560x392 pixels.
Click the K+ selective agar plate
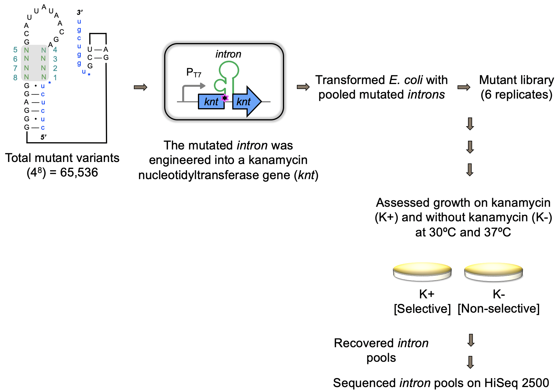point(422,272)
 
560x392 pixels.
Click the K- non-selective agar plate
point(494,272)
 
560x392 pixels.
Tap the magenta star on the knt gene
point(225,98)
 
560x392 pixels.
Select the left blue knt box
point(211,102)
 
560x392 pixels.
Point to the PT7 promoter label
point(194,72)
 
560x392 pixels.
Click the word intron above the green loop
point(228,54)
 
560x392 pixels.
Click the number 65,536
point(79,172)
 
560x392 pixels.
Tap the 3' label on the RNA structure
point(80,12)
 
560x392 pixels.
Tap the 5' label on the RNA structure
point(43,137)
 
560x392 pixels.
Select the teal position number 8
point(15,78)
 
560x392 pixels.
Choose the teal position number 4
point(55,50)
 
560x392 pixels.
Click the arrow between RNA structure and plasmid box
point(141,87)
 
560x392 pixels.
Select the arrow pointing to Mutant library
point(464,87)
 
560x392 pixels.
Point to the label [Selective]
point(422,309)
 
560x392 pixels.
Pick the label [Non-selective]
point(498,309)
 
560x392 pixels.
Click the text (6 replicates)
point(516,95)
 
